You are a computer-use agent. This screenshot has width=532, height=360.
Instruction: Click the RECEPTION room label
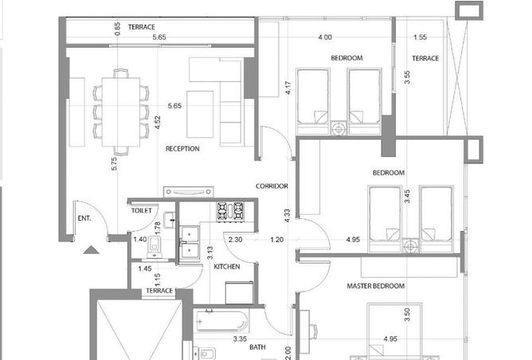pos(182,149)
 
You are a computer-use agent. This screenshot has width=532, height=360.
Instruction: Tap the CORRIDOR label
pos(272,186)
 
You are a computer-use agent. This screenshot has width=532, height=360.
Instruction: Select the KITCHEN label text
pos(227,267)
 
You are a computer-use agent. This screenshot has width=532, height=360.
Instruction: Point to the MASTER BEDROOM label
pos(376,286)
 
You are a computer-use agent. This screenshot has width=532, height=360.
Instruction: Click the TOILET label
pos(142,211)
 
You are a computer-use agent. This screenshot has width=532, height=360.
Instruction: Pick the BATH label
pos(257,347)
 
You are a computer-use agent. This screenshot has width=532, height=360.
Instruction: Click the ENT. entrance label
pos(84,218)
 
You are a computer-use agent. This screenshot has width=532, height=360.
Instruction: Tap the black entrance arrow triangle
pos(91,250)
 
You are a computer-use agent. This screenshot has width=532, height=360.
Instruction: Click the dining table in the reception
pos(121,112)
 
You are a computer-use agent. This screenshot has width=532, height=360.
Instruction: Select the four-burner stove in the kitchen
pos(230,212)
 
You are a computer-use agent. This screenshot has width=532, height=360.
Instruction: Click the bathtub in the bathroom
pos(222,321)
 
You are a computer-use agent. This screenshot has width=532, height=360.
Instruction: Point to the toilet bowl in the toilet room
pos(155,245)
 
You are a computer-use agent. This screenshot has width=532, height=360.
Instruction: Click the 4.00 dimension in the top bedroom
pos(325,37)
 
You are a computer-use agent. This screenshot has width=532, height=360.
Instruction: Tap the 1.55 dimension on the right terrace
pos(420,37)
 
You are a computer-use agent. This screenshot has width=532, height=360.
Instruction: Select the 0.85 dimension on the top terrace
pos(117,29)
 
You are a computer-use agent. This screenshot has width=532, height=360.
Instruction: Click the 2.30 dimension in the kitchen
pos(235,240)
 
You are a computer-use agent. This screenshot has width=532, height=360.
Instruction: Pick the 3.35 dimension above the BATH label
pos(240,338)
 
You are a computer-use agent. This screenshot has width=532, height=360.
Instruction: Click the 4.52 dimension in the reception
pos(158,123)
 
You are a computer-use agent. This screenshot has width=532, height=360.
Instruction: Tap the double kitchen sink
pos(190,243)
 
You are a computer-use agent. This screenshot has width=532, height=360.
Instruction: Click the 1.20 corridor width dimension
pos(276,240)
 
